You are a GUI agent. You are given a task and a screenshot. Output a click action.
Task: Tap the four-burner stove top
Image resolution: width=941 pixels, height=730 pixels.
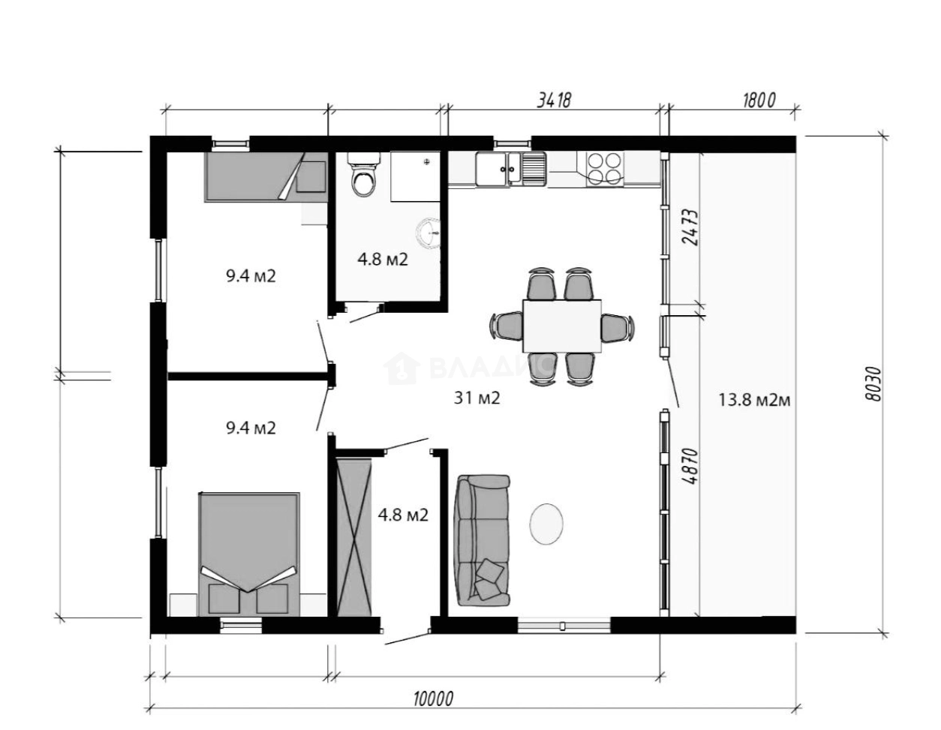click(605, 169)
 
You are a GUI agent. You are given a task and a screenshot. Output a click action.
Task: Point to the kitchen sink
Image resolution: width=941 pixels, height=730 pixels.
click(511, 169)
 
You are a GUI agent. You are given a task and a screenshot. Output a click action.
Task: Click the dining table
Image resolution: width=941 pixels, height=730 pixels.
click(561, 326)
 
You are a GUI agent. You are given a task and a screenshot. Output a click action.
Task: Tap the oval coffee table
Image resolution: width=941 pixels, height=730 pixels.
click(546, 524)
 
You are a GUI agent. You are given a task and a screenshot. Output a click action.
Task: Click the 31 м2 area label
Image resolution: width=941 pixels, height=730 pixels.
click(477, 398)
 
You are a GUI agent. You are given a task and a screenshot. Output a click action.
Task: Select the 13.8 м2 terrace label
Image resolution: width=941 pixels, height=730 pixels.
click(754, 401)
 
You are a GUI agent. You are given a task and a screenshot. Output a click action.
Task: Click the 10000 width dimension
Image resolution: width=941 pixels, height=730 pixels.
click(434, 698)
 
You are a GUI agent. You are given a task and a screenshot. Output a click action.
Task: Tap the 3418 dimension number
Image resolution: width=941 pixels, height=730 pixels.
click(554, 101)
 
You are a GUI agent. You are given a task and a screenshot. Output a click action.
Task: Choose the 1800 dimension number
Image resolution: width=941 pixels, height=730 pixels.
click(759, 101)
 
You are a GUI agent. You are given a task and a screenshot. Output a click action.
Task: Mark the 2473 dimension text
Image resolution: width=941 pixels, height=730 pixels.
click(690, 228)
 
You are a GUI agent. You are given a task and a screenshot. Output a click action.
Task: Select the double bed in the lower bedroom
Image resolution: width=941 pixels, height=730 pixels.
click(249, 554)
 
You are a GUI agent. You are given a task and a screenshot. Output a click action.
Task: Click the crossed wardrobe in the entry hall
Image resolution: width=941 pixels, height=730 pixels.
click(354, 537)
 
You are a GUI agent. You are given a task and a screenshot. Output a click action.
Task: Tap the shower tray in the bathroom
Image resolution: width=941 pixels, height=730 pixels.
click(415, 176)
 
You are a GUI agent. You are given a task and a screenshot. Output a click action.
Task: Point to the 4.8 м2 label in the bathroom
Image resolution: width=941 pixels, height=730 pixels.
click(383, 260)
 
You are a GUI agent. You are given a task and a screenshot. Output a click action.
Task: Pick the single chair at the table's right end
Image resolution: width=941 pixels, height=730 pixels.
click(617, 328)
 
